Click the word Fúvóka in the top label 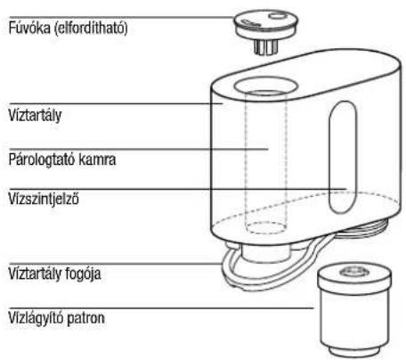coord(29,29)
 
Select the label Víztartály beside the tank coord(35,115)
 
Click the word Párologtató coord(41,160)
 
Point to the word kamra coord(97,160)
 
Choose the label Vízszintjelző coord(44,199)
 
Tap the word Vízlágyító coord(36,318)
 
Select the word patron coord(85,318)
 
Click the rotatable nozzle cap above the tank coord(265,24)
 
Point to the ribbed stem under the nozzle coord(266,47)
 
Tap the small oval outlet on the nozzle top coord(278,15)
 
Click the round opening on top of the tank coord(265,86)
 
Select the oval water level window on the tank coord(343,158)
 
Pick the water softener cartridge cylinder coord(354,309)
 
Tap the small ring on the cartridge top coord(354,271)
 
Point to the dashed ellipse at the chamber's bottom coord(265,228)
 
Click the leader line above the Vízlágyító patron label coord(161,308)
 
